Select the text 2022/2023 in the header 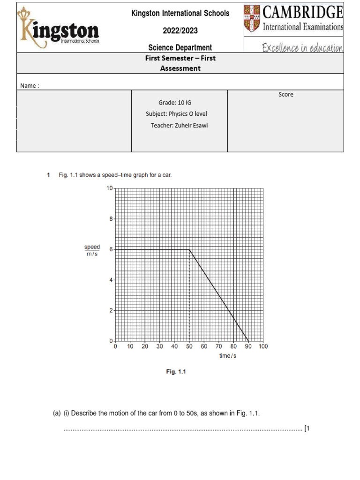click(180, 30)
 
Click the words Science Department click(180, 47)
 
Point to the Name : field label click(30, 85)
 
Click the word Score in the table click(285, 94)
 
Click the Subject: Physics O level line click(176, 113)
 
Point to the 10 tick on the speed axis click(109, 188)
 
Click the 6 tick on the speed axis click(111, 250)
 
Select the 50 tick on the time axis click(189, 347)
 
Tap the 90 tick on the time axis click(248, 347)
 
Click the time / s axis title click(228, 356)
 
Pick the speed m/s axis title click(92, 250)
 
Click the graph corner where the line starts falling click(189, 249)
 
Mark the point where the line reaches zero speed click(248, 341)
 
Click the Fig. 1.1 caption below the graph click(176, 372)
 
